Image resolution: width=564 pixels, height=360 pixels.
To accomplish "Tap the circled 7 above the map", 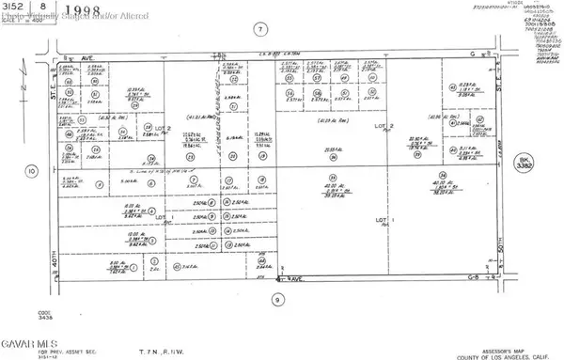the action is pos(259,30).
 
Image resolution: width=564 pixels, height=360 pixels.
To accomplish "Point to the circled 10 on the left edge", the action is pos(32,171).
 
